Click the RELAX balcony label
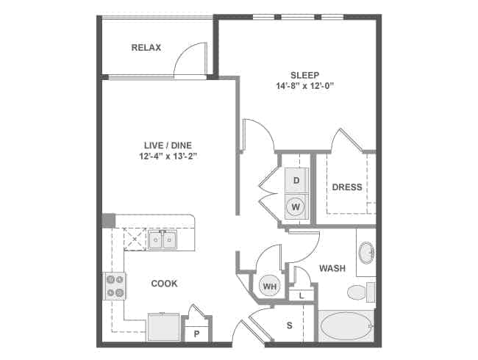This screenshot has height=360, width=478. (x=146, y=48)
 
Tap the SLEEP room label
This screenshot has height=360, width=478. (x=304, y=75)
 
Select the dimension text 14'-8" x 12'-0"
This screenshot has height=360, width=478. (x=304, y=86)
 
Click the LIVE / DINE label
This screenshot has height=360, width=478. (x=168, y=145)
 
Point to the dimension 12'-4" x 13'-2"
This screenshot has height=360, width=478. (x=168, y=156)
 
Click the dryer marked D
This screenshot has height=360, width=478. (x=296, y=180)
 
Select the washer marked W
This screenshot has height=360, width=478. (x=296, y=207)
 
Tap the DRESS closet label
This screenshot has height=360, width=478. (x=347, y=187)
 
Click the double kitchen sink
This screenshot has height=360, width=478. (x=163, y=240)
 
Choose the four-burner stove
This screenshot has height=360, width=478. (x=114, y=286)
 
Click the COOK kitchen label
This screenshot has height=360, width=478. (x=164, y=284)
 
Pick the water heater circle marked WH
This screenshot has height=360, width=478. (x=269, y=286)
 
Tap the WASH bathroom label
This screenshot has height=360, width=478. (x=332, y=268)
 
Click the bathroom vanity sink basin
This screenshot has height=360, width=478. (x=366, y=253)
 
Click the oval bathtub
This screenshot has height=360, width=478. (x=346, y=326)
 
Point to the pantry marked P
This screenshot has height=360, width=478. (x=196, y=334)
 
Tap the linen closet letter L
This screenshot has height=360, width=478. (x=302, y=295)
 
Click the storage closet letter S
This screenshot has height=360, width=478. (x=289, y=325)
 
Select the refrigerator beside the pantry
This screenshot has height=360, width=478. (x=164, y=327)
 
